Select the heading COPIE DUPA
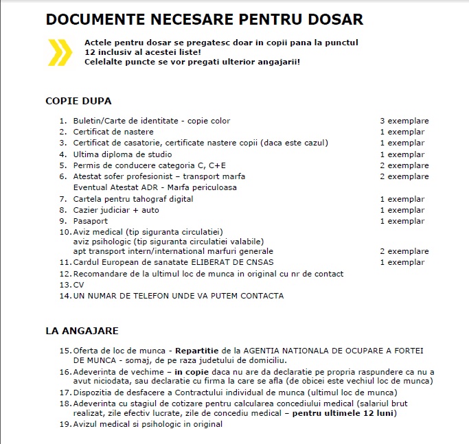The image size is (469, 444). point(78,101)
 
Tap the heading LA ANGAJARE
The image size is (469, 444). point(82,331)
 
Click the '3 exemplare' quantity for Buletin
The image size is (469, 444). point(404,121)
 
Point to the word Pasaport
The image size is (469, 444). point(91,222)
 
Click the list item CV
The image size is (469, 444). point(79,285)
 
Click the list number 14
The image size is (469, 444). point(65,296)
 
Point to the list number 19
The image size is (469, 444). point(65,424)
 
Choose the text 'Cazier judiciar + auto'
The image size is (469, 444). point(116,210)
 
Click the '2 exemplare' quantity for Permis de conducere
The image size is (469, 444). point(404,165)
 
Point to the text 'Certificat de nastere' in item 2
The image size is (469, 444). point(113,132)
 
